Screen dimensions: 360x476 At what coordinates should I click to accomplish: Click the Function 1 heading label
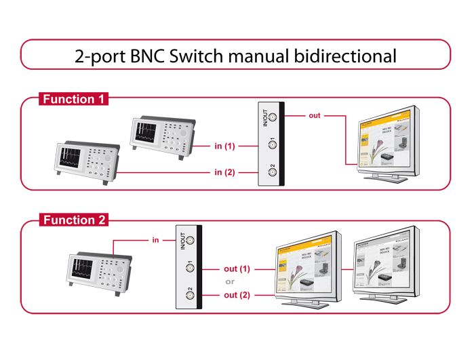point(73,99)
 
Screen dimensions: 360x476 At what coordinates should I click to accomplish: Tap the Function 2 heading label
point(73,220)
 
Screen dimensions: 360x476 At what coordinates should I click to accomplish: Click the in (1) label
point(224,145)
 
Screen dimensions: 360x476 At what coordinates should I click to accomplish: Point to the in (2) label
point(224,172)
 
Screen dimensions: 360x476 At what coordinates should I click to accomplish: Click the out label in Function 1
point(314,115)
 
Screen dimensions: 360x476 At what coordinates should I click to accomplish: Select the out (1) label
point(237,269)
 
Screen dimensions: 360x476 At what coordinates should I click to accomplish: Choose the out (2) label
point(237,295)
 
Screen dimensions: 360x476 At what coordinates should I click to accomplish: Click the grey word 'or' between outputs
point(230,282)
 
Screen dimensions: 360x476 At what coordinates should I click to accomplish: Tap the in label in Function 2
point(155,239)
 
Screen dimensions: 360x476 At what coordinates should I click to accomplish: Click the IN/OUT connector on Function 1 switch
point(273,117)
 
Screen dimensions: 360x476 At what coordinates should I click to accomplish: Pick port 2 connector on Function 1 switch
point(273,172)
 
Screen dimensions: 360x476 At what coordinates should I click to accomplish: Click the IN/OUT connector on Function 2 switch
point(190,240)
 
